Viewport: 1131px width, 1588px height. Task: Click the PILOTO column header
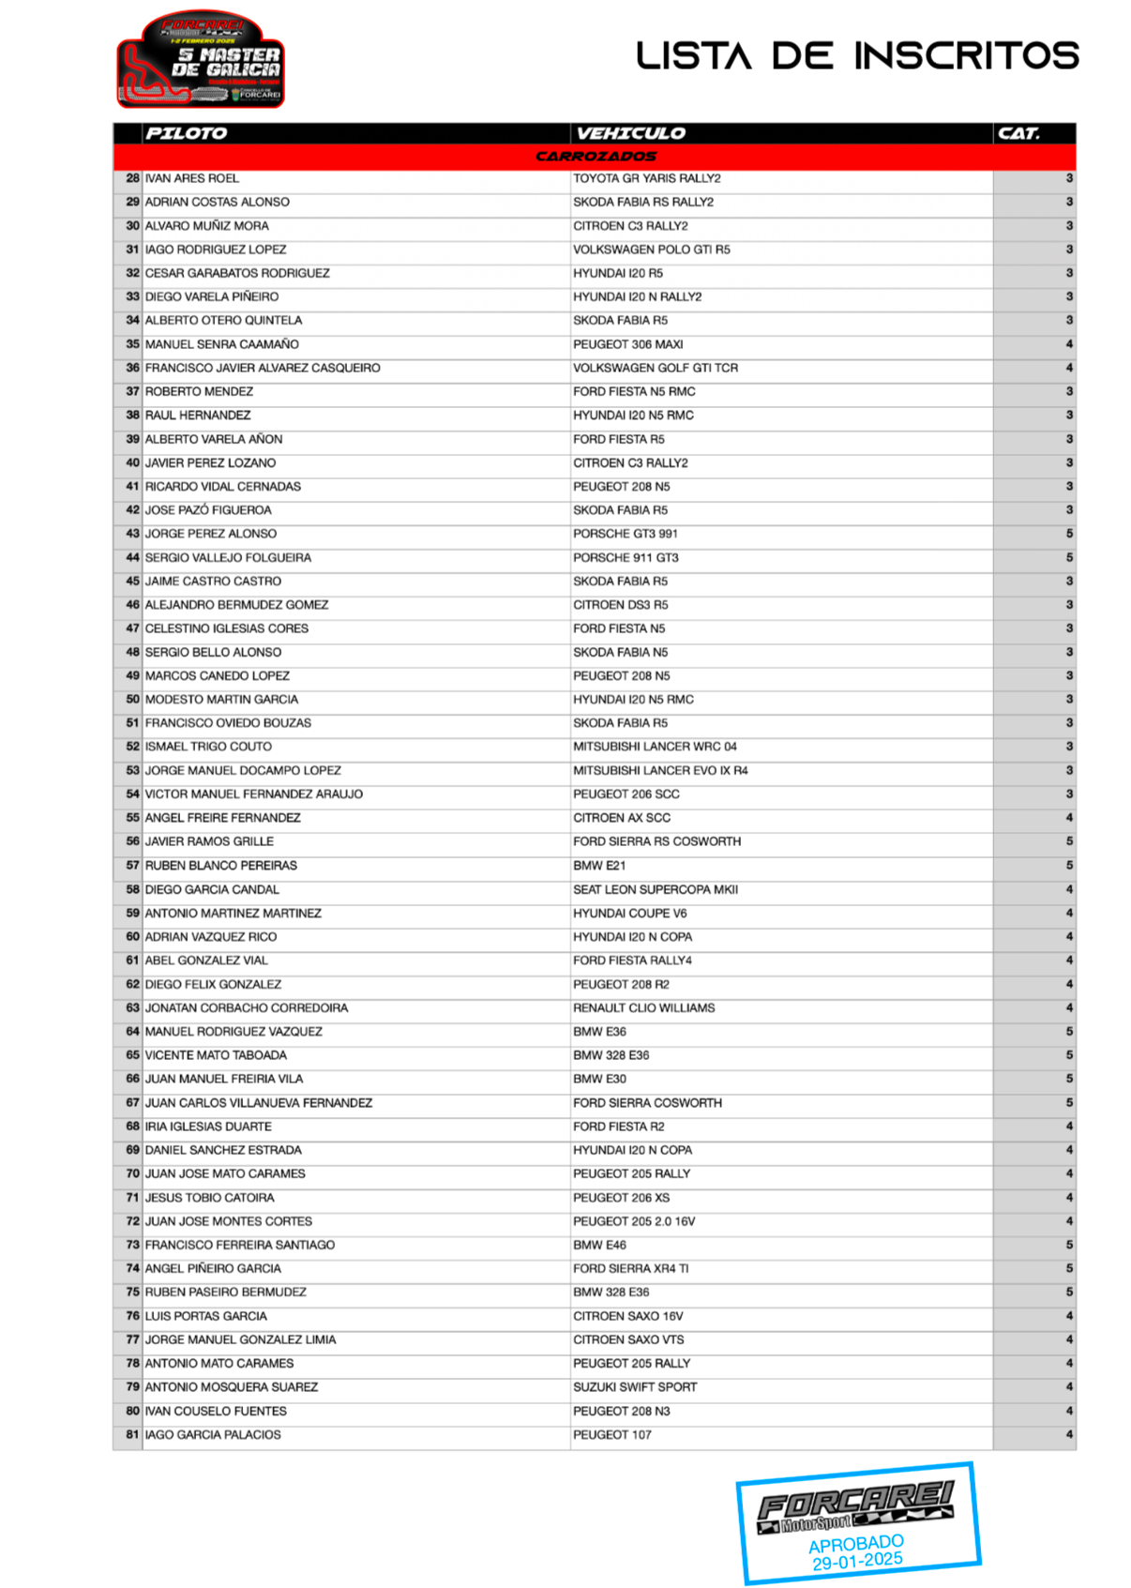click(186, 133)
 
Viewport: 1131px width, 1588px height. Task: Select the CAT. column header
click(1018, 133)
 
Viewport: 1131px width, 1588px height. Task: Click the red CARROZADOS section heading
click(596, 157)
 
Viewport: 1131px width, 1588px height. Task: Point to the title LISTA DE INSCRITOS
click(857, 55)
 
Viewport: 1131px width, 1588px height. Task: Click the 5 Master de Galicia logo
click(201, 60)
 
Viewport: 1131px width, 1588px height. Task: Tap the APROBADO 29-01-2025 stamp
click(857, 1523)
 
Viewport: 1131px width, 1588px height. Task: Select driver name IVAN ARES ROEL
click(192, 178)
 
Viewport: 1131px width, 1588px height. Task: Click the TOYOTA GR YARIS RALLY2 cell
click(647, 178)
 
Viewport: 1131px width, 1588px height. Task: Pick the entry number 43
click(132, 534)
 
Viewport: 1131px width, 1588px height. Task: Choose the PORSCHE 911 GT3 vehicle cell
click(626, 557)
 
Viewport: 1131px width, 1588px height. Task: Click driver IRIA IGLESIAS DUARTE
click(208, 1127)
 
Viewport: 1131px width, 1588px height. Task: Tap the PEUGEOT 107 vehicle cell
click(612, 1434)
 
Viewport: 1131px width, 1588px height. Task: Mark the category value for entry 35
click(1069, 344)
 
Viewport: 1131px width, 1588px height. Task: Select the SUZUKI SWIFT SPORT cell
click(635, 1387)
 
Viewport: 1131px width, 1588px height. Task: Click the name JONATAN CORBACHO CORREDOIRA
click(247, 1008)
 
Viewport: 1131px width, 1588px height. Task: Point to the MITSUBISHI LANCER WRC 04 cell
click(655, 747)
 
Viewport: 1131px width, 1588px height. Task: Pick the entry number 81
click(132, 1434)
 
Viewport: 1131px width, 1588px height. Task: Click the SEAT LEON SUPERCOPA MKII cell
click(656, 889)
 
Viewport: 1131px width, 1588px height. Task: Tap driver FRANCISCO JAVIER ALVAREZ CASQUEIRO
click(263, 368)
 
